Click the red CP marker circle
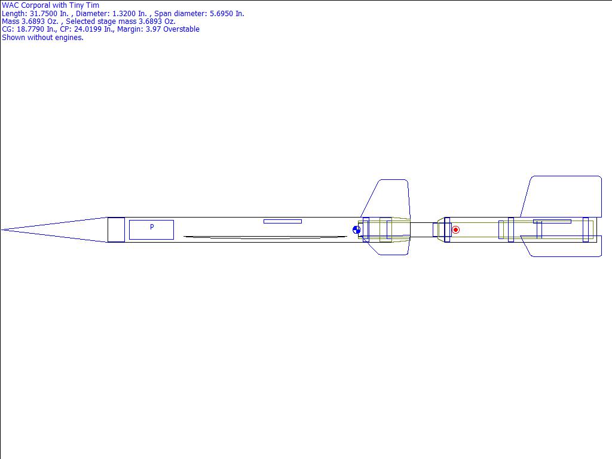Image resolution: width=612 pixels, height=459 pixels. (x=455, y=230)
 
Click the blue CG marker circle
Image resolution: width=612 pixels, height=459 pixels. (x=356, y=230)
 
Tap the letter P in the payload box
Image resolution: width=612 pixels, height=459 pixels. (x=152, y=227)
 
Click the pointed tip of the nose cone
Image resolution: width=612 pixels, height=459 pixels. (x=2, y=230)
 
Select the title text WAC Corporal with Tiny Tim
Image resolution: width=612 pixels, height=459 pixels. (x=50, y=5)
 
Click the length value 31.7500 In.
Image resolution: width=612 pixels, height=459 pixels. (x=49, y=13)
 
